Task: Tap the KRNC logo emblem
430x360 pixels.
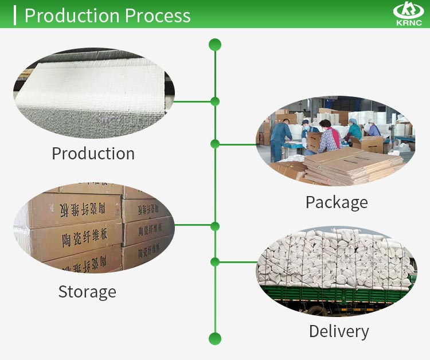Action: pyautogui.click(x=408, y=10)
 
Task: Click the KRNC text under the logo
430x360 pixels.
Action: pyautogui.click(x=408, y=23)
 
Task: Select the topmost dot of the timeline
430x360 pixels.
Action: pyautogui.click(x=215, y=45)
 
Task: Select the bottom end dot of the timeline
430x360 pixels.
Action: pyautogui.click(x=215, y=338)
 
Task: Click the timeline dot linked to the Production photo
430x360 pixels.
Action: pyautogui.click(x=215, y=101)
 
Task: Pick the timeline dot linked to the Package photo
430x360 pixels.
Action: pyautogui.click(x=215, y=144)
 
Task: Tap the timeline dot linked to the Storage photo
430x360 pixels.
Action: pyautogui.click(x=215, y=226)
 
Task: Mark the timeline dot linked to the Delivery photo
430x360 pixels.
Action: pyautogui.click(x=215, y=262)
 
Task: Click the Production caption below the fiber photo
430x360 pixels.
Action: pyautogui.click(x=93, y=154)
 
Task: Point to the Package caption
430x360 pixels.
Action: pyautogui.click(x=337, y=202)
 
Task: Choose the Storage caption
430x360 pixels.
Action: pyautogui.click(x=87, y=292)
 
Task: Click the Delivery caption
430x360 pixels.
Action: pyautogui.click(x=339, y=331)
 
